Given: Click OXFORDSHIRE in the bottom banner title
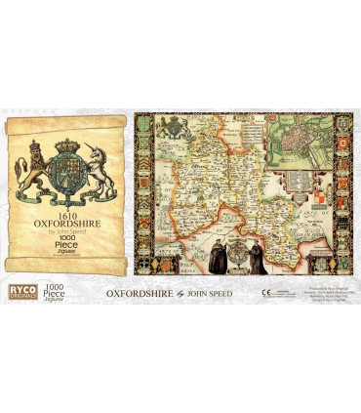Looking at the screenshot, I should pos(138,292).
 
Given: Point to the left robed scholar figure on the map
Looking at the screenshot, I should pos(213,256).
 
